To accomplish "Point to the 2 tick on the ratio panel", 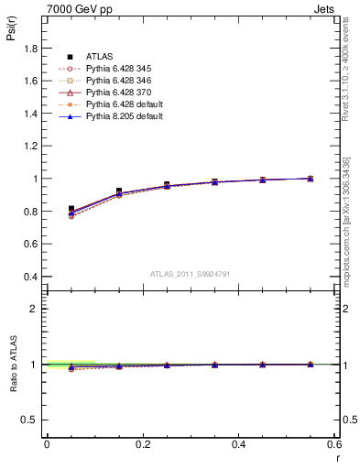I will pyautogui.click(x=37, y=309).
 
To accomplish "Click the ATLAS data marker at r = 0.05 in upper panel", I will pyautogui.click(x=71, y=209).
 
